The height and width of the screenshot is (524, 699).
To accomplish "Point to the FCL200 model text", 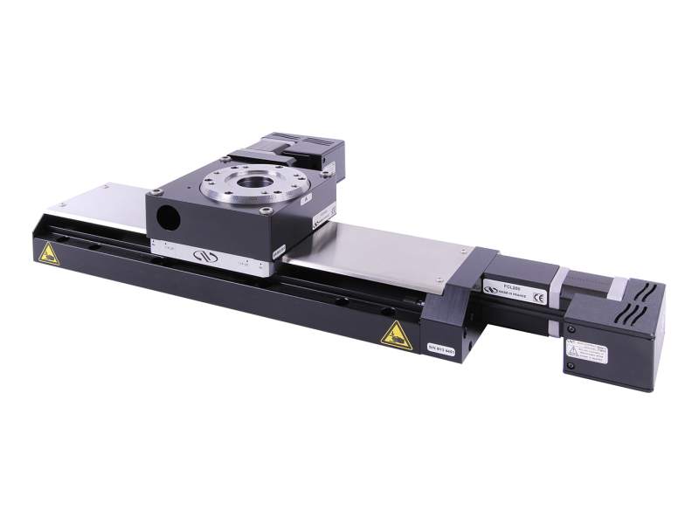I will click(502, 286).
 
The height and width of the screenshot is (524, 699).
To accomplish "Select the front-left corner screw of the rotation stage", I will click(156, 191).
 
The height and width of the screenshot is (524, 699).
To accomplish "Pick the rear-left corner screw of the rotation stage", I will click(227, 157).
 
